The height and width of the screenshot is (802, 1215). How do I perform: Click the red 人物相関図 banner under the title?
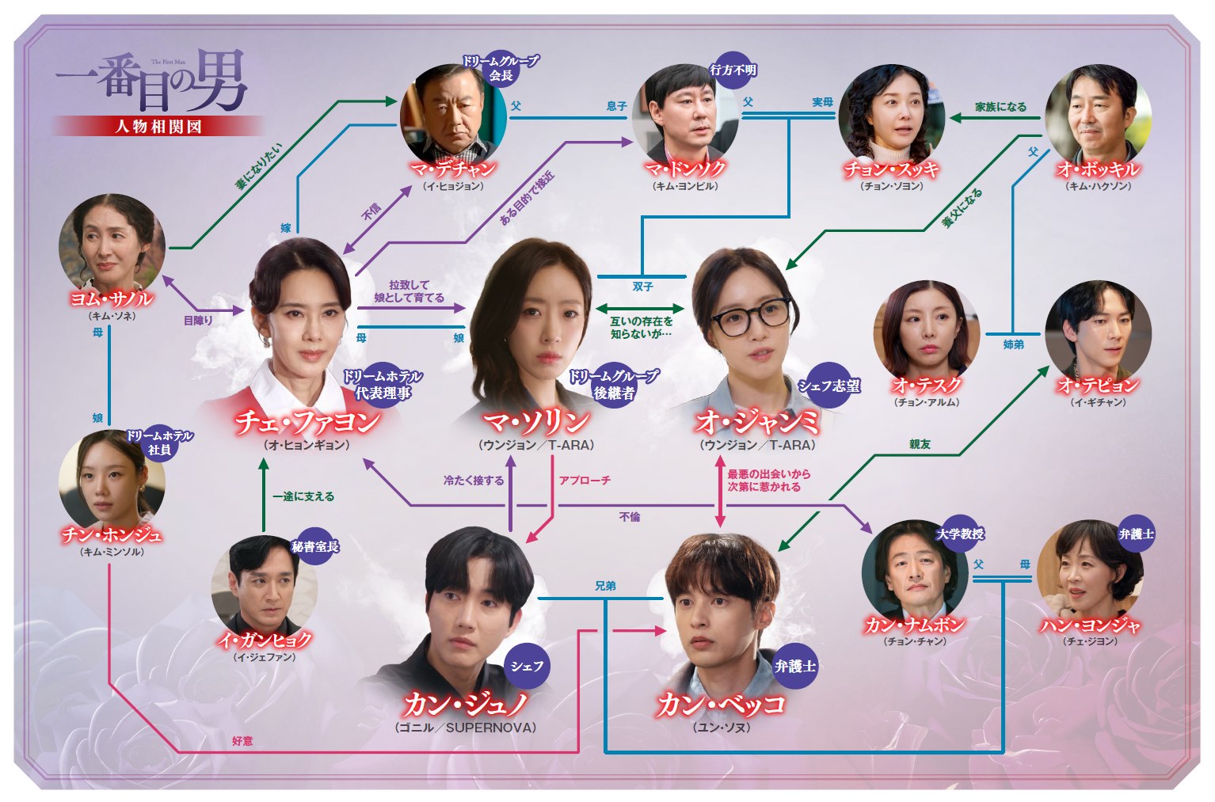[158, 127]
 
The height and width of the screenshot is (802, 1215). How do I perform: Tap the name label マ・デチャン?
[454, 169]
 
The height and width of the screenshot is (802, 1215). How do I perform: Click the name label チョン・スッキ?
[891, 169]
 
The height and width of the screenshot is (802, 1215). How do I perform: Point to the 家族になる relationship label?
[1000, 107]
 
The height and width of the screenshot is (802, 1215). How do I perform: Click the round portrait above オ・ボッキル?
[1099, 117]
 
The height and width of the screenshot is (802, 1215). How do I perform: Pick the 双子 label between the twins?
[643, 287]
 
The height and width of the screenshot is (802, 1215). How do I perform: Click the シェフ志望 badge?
[828, 386]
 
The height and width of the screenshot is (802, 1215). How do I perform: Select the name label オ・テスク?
[927, 386]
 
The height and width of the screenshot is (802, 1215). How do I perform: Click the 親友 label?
[920, 445]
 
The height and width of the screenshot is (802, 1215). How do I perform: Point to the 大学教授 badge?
[960, 534]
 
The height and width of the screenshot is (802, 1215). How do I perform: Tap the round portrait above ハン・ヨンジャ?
[1090, 573]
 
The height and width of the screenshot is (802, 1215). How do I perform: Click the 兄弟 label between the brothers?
[605, 586]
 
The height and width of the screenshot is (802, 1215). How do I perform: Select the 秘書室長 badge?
[315, 546]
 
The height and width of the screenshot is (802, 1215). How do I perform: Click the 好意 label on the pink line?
[242, 741]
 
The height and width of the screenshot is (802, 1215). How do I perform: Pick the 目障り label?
[198, 321]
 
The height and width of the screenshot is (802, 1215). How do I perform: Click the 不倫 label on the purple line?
[630, 517]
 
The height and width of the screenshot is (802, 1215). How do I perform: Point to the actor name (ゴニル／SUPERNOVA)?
[466, 728]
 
